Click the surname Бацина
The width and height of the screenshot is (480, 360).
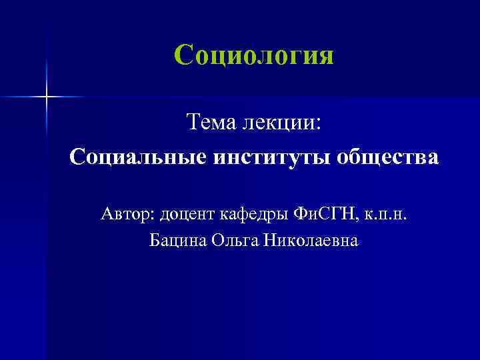(177, 239)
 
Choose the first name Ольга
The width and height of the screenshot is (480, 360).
(232, 239)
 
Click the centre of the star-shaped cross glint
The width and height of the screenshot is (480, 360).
(47, 97)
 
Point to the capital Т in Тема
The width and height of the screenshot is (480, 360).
(193, 122)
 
